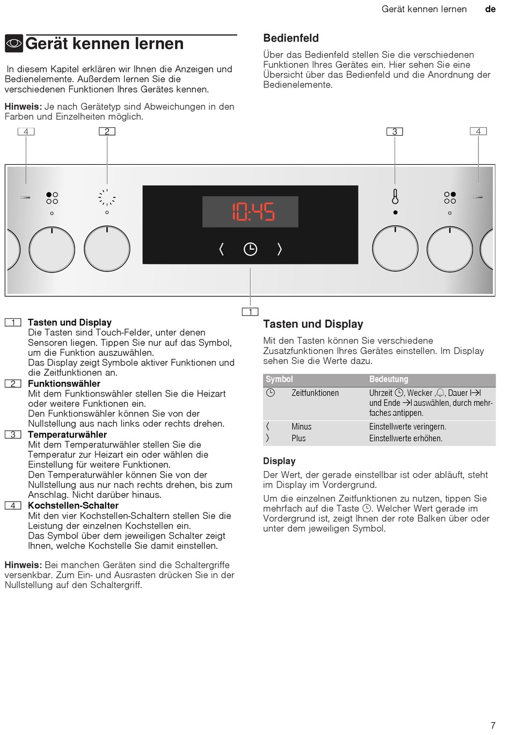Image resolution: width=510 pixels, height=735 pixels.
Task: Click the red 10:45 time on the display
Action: pyautogui.click(x=253, y=211)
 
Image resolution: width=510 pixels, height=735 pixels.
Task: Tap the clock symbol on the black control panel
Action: pyautogui.click(x=250, y=249)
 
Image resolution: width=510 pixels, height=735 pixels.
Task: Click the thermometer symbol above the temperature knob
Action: pyautogui.click(x=395, y=197)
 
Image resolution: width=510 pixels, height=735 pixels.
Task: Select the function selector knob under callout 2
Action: pyautogui.click(x=107, y=249)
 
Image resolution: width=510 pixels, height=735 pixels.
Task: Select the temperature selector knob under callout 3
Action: pyautogui.click(x=395, y=249)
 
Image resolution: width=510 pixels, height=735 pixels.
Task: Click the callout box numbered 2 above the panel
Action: pyautogui.click(x=107, y=131)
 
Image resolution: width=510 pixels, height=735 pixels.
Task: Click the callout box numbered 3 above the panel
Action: pyautogui.click(x=395, y=131)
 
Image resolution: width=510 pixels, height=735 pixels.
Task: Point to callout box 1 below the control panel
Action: pyautogui.click(x=250, y=312)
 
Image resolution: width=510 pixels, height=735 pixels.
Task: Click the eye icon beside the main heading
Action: pyautogui.click(x=14, y=43)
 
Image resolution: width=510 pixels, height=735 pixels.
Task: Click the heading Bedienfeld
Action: pyautogui.click(x=291, y=38)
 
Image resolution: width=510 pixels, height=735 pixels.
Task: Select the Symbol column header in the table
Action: pyautogui.click(x=279, y=379)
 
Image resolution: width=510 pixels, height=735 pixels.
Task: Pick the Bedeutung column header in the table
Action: pyautogui.click(x=389, y=379)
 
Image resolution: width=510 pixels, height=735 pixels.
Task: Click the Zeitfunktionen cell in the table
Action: pyautogui.click(x=315, y=393)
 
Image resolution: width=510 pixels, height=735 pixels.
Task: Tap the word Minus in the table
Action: pyautogui.click(x=301, y=427)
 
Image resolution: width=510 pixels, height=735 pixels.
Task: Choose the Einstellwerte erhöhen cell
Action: pyautogui.click(x=406, y=438)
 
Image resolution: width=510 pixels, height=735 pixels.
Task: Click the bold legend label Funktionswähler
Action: pyautogui.click(x=64, y=384)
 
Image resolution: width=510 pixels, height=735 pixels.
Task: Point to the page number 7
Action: pyautogui.click(x=493, y=725)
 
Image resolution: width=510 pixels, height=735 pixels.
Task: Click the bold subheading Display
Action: pyautogui.click(x=279, y=461)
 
